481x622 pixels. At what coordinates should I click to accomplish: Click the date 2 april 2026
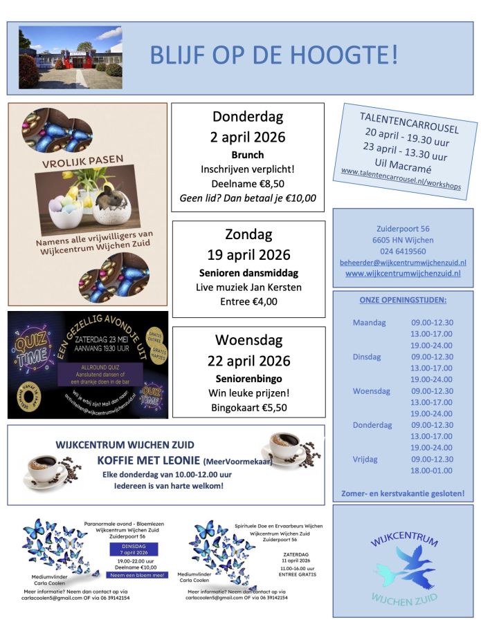pyautogui.click(x=248, y=137)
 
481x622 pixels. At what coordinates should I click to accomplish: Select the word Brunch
pyautogui.click(x=248, y=155)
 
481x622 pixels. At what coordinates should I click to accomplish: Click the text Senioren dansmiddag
pyautogui.click(x=248, y=272)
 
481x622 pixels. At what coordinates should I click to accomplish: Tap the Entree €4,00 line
pyautogui.click(x=248, y=301)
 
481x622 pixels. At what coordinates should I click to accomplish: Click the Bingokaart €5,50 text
pyautogui.click(x=248, y=408)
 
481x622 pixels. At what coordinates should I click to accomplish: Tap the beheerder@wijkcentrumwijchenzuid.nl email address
pyautogui.click(x=403, y=263)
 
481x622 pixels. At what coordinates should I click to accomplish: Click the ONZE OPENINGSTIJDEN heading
pyautogui.click(x=403, y=300)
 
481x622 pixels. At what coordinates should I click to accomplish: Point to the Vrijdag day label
pyautogui.click(x=367, y=458)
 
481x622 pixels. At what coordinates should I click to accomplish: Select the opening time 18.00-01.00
pyautogui.click(x=432, y=470)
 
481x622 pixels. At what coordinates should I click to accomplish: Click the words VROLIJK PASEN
pyautogui.click(x=82, y=159)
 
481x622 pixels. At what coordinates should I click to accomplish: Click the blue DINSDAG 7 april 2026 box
pyautogui.click(x=134, y=549)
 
